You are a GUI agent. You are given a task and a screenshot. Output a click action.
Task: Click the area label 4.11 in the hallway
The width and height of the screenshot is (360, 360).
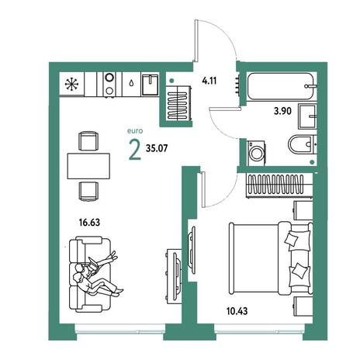[209, 81]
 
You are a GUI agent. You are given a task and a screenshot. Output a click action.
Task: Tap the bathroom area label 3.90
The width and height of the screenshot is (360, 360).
[282, 111]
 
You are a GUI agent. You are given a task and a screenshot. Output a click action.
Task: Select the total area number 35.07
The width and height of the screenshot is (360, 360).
[157, 148]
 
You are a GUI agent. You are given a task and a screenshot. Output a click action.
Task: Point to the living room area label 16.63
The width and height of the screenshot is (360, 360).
[89, 222]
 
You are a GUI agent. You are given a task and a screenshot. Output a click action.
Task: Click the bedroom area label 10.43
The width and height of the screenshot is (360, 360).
[237, 311]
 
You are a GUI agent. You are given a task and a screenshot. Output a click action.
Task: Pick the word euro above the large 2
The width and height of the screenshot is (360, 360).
[135, 131]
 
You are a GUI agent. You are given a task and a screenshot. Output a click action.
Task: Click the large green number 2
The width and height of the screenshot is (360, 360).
[135, 151]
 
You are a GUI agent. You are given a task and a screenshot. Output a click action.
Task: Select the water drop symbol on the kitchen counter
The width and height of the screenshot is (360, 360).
[132, 83]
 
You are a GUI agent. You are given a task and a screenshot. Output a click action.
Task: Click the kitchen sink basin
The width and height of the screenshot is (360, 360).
[150, 85]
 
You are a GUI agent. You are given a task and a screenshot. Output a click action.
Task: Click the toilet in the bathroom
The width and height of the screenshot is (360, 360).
[303, 144]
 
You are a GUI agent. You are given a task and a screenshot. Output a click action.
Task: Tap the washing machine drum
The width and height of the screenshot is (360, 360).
[256, 153]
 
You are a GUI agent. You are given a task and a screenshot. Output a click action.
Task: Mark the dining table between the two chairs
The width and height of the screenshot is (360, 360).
[88, 166]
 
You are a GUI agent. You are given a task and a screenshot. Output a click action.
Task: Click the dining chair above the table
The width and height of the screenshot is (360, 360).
[88, 140]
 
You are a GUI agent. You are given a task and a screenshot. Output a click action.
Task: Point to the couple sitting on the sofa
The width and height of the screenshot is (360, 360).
[95, 275]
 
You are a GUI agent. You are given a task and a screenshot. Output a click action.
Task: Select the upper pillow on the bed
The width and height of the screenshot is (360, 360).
[292, 239]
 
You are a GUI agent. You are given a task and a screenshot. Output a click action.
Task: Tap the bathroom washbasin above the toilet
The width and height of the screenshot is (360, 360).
[307, 116]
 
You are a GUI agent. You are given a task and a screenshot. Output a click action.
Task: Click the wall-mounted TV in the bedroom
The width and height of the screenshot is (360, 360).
[192, 247]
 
